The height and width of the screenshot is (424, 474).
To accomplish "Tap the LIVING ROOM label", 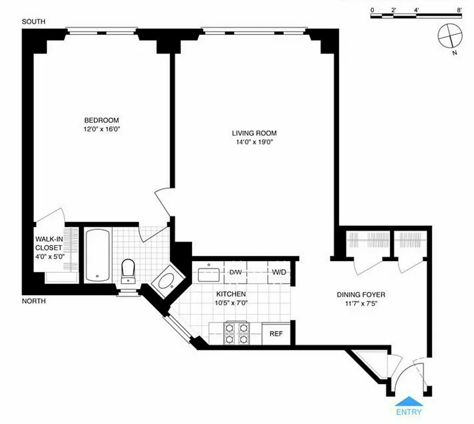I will tap(254, 133).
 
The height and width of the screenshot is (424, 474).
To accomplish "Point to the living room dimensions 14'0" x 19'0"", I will tap(254, 142).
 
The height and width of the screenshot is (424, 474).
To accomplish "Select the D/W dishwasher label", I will tap(236, 272).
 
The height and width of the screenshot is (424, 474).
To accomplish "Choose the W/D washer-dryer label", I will tap(279, 272).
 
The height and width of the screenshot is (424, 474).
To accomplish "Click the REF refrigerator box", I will tap(276, 334).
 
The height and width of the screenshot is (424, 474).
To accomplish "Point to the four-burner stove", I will tap(236, 333).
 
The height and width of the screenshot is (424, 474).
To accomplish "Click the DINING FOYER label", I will tap(361, 295).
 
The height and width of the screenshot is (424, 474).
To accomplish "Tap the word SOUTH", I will tap(33, 22).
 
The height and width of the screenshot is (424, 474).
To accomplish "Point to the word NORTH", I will tap(33, 301).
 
